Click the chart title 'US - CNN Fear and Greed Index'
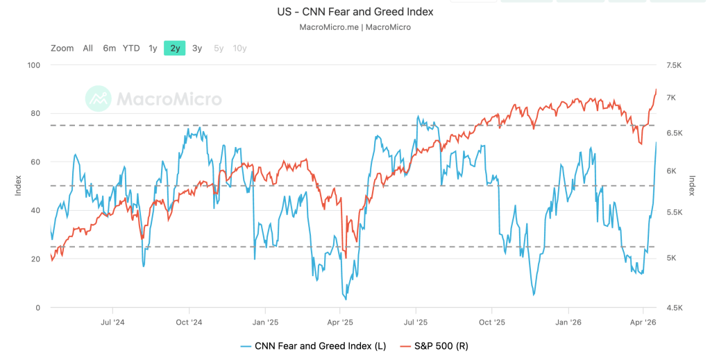355,12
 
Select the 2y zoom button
175,48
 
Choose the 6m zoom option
109,48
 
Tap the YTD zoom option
131,48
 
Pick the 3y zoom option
197,48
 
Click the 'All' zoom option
87,48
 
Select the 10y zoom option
239,48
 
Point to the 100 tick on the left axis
34,65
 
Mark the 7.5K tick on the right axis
675,65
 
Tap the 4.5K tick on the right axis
675,308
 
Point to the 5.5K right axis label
675,213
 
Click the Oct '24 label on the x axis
188,322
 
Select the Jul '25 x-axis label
416,322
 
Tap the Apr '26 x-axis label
643,322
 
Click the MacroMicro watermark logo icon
98,98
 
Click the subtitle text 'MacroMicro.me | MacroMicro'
355,27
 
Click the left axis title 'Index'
19,186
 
